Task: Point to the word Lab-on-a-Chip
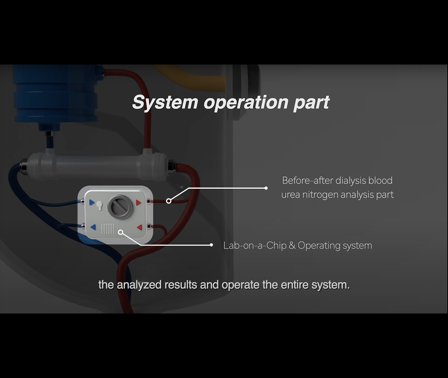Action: click(255, 245)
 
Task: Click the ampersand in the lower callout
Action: click(292, 245)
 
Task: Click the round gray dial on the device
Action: click(121, 207)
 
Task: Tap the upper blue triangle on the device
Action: click(92, 202)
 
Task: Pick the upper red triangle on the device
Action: click(138, 202)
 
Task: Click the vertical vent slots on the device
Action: click(108, 229)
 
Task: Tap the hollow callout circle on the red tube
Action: click(169, 201)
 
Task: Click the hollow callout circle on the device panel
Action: click(121, 232)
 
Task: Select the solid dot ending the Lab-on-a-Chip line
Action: click(211, 245)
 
